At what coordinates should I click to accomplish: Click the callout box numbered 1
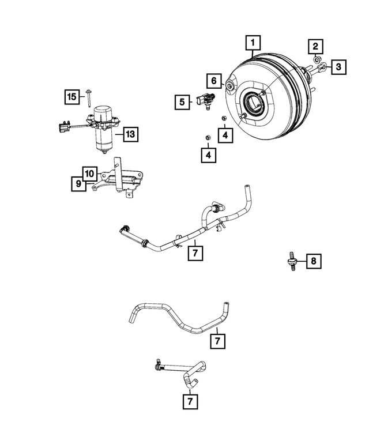pyautogui.click(x=253, y=43)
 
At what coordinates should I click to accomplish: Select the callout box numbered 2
pyautogui.click(x=316, y=46)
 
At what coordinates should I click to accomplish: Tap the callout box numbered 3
pyautogui.click(x=338, y=67)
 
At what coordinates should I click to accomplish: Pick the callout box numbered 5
pyautogui.click(x=182, y=102)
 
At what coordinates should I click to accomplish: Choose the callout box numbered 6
pyautogui.click(x=212, y=80)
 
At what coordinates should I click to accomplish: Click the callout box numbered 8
pyautogui.click(x=314, y=262)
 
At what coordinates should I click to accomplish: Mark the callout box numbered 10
pyautogui.click(x=89, y=173)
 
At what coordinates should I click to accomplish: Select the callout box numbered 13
pyautogui.click(x=130, y=134)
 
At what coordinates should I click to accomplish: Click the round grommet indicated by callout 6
pyautogui.click(x=229, y=86)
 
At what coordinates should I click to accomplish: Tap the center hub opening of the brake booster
pyautogui.click(x=254, y=104)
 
